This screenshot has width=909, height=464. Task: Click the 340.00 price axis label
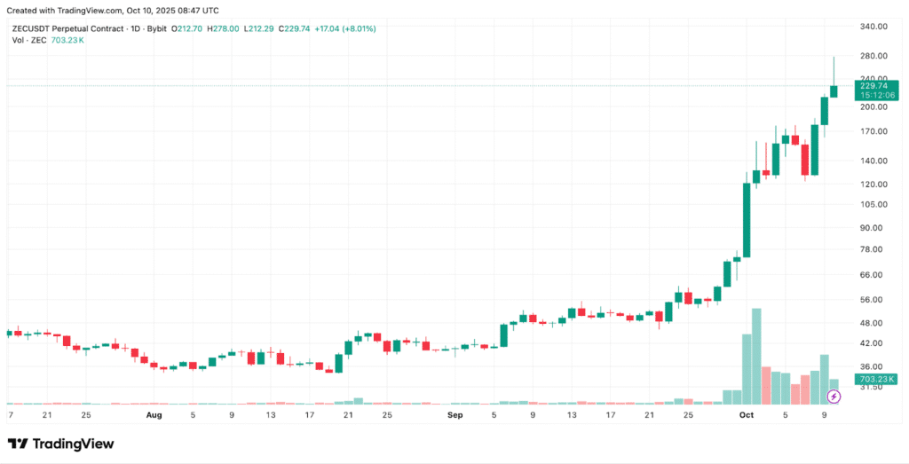pyautogui.click(x=875, y=27)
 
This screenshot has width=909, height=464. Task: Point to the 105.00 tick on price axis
pyautogui.click(x=875, y=204)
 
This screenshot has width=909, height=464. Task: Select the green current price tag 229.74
pyautogui.click(x=874, y=85)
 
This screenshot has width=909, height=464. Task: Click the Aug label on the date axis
pyautogui.click(x=154, y=414)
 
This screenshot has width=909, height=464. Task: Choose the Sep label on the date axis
pyautogui.click(x=455, y=414)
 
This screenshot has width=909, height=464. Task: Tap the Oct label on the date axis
pyautogui.click(x=747, y=414)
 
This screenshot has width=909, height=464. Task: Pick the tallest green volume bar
pyautogui.click(x=756, y=355)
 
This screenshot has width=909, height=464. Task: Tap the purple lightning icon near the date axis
pyautogui.click(x=834, y=397)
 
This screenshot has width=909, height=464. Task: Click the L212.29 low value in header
pyautogui.click(x=264, y=28)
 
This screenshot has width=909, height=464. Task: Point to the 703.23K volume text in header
pyautogui.click(x=67, y=40)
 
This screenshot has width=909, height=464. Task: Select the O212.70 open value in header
pyautogui.click(x=188, y=28)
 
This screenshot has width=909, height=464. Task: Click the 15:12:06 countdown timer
pyautogui.click(x=874, y=95)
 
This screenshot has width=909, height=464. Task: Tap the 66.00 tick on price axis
pyautogui.click(x=873, y=275)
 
